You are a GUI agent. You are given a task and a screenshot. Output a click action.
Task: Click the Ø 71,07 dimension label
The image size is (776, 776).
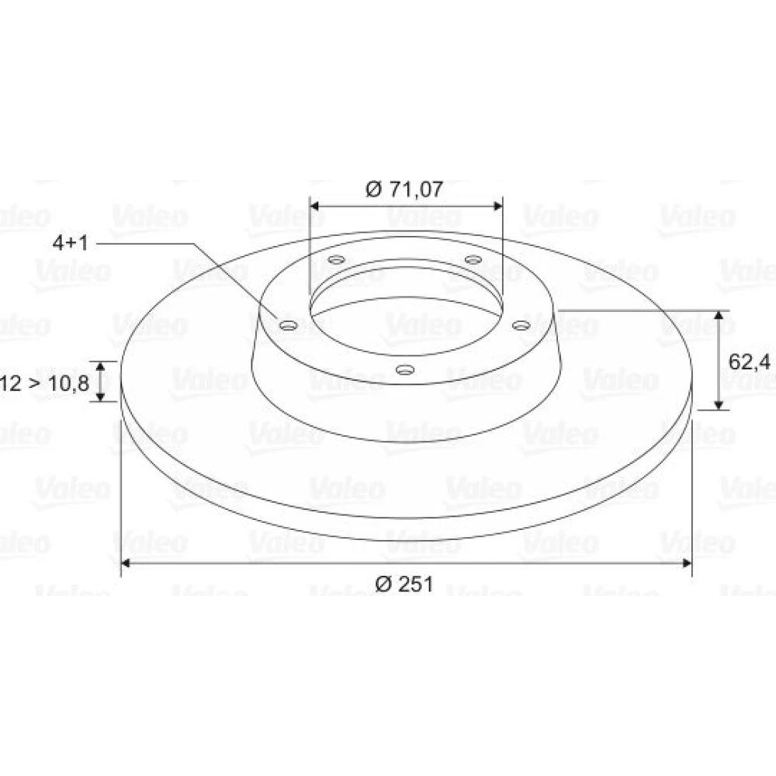[x=404, y=189]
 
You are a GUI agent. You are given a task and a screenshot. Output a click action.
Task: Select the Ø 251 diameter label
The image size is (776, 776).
[x=404, y=584]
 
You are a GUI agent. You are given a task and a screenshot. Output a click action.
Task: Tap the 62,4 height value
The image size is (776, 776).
[x=750, y=362]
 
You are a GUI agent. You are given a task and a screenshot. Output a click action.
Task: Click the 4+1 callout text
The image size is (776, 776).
[x=71, y=243]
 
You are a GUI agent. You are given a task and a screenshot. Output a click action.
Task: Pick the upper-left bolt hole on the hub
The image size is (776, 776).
[x=337, y=259]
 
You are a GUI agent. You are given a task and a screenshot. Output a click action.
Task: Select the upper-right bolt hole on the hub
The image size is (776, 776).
[x=473, y=259]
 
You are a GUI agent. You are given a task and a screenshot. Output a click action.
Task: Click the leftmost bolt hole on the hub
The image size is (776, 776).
[x=288, y=325]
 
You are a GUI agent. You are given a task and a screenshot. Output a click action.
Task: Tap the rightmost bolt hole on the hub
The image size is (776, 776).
[x=521, y=325]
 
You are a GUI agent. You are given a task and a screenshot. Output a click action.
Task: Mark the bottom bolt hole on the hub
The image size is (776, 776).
[x=405, y=369]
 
